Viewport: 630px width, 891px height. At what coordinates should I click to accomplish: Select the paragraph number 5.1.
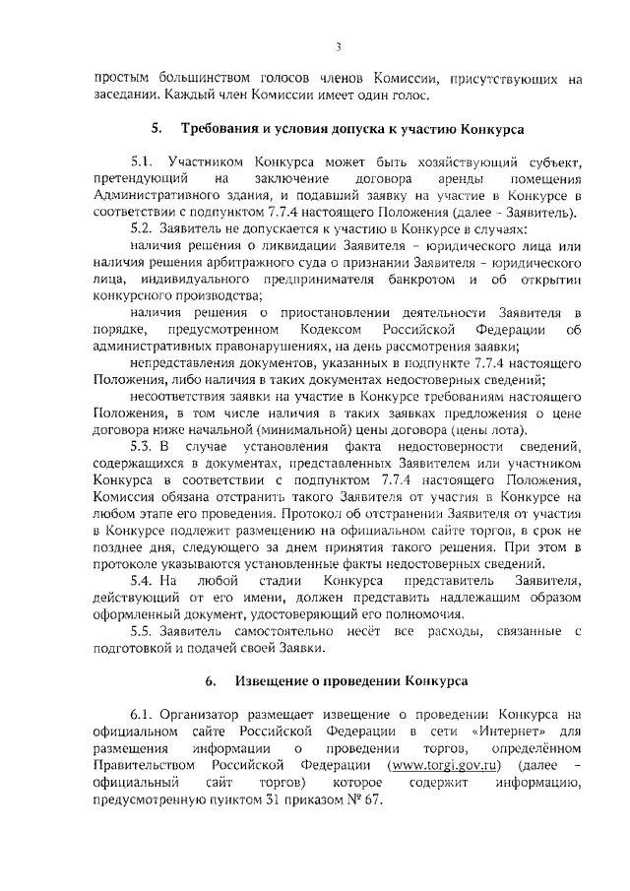tap(144, 160)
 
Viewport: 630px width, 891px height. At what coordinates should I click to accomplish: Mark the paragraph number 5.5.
tap(144, 629)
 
